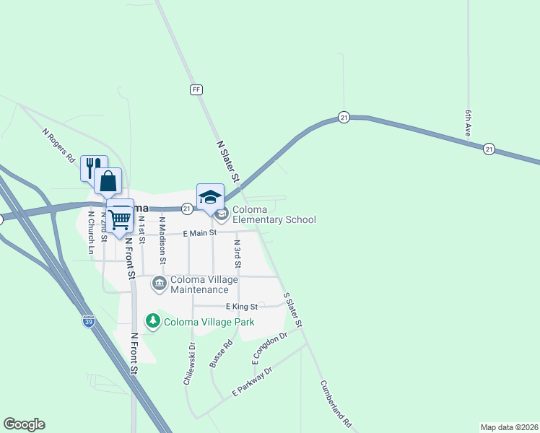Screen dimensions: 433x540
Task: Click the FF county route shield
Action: [196, 89]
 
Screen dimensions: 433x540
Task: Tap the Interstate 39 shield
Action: [89, 321]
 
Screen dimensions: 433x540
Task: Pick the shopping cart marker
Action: [120, 215]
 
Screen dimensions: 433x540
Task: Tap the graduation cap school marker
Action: [210, 197]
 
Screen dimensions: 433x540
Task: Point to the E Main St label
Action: [200, 233]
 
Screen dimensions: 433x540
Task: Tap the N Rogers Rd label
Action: [58, 144]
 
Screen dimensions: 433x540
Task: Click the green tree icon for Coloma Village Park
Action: [152, 320]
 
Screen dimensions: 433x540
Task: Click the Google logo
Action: [24, 424]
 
